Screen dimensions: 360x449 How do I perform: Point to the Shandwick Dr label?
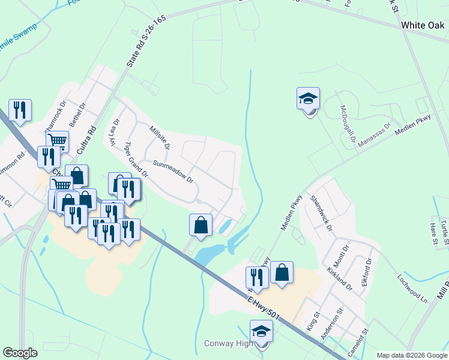pos(321,212)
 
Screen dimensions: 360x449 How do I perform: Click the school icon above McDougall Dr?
pos(308,98)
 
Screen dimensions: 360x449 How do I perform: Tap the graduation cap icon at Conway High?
pos(261,331)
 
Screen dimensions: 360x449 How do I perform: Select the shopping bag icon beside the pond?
pos(200,225)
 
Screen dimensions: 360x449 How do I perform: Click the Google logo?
pos(20,353)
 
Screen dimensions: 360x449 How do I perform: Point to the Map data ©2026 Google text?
pos(412,355)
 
